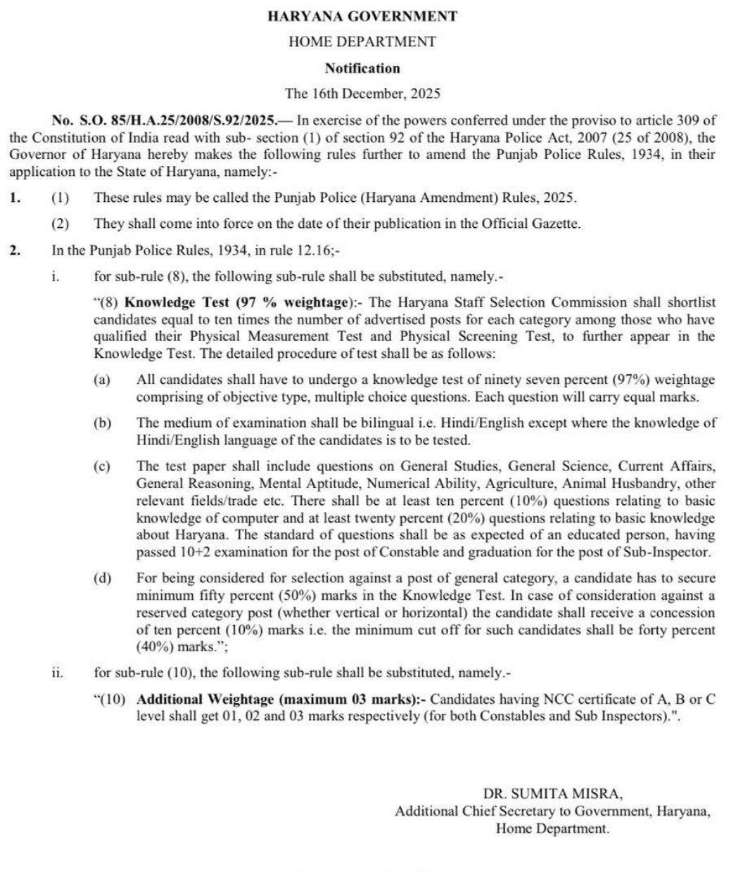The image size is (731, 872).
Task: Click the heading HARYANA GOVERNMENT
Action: click(362, 16)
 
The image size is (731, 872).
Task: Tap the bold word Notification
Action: click(362, 68)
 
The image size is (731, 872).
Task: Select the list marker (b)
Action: click(103, 423)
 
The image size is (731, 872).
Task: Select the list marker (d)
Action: click(103, 578)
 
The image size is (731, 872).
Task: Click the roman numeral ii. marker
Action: click(57, 673)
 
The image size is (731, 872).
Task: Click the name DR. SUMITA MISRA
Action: click(552, 795)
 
